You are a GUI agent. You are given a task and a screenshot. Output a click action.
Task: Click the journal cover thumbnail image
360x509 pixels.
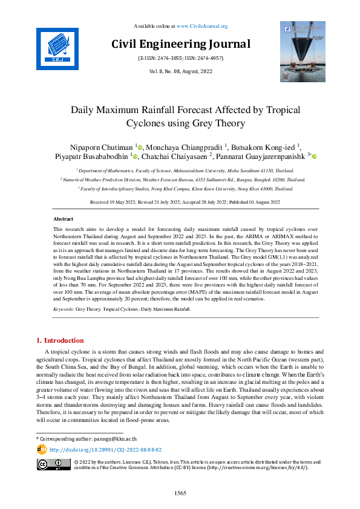(302, 51)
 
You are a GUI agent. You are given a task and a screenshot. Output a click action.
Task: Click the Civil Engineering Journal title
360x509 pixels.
(181, 44)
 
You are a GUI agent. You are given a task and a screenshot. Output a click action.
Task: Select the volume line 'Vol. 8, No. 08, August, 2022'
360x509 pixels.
(180, 71)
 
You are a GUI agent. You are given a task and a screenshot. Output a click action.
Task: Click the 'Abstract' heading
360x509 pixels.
(64, 219)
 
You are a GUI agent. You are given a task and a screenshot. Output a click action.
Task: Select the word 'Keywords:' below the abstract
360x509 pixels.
(64, 309)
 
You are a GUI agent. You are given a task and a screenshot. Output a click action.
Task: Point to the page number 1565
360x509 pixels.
(180, 493)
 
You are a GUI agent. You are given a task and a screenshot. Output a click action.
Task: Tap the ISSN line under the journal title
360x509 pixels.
(181, 58)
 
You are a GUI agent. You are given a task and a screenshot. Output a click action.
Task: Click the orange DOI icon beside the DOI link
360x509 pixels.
(42, 449)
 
